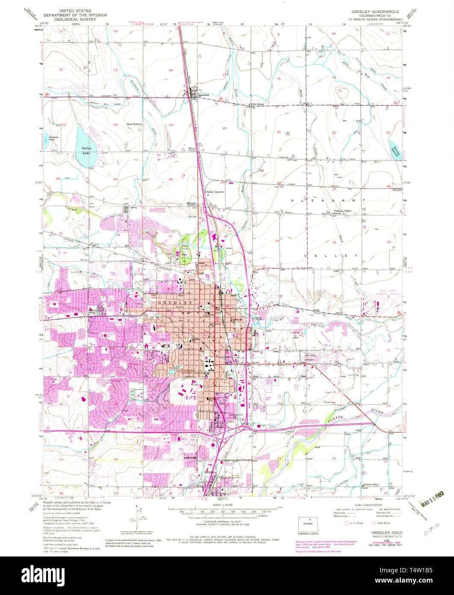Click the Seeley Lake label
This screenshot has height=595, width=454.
[x=87, y=150]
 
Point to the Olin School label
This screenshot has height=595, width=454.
[x=258, y=104]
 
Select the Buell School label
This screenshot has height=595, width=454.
[x=133, y=124]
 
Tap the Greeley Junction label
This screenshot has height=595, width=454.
[x=215, y=192]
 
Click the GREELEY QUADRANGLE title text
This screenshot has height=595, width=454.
[x=369, y=12]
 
